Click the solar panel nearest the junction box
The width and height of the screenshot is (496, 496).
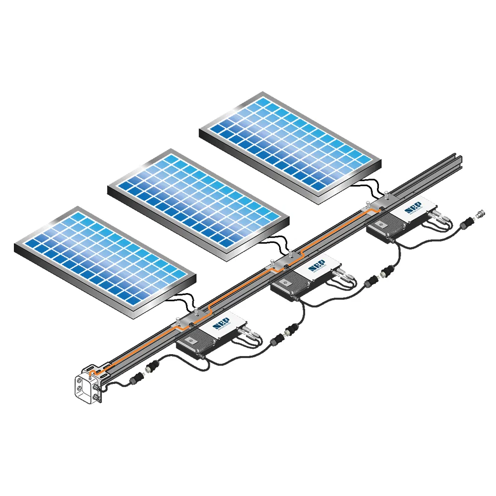pyautogui.click(x=104, y=260)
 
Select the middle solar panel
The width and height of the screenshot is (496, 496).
pyautogui.click(x=198, y=203)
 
